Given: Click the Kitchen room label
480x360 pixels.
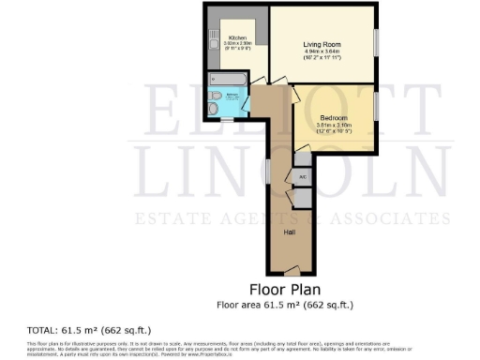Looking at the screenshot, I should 236,38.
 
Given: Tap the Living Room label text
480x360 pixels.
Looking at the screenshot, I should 320,44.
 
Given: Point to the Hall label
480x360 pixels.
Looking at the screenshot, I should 290,230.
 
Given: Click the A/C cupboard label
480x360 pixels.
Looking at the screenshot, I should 302,176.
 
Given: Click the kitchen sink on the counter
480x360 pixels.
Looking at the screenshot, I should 211,39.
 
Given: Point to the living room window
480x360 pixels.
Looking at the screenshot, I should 377,42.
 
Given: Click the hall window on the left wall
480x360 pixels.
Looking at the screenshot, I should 268,172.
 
